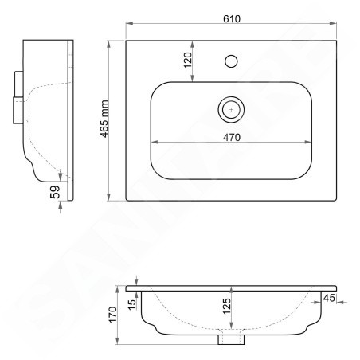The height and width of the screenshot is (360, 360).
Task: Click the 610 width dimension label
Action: point(232,19)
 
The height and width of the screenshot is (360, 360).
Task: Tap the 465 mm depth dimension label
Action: point(104,119)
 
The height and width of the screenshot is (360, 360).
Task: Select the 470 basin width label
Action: point(232,137)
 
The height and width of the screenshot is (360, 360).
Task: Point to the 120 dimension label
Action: point(187,61)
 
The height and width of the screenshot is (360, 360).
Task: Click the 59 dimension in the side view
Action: point(55,192)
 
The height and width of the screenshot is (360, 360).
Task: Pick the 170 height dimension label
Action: point(113,315)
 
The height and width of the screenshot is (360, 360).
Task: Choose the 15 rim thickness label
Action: point(131,304)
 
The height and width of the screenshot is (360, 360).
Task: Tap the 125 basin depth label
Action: point(226,307)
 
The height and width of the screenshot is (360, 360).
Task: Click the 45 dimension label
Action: point(329,298)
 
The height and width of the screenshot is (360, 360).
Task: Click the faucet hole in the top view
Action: point(231,61)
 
